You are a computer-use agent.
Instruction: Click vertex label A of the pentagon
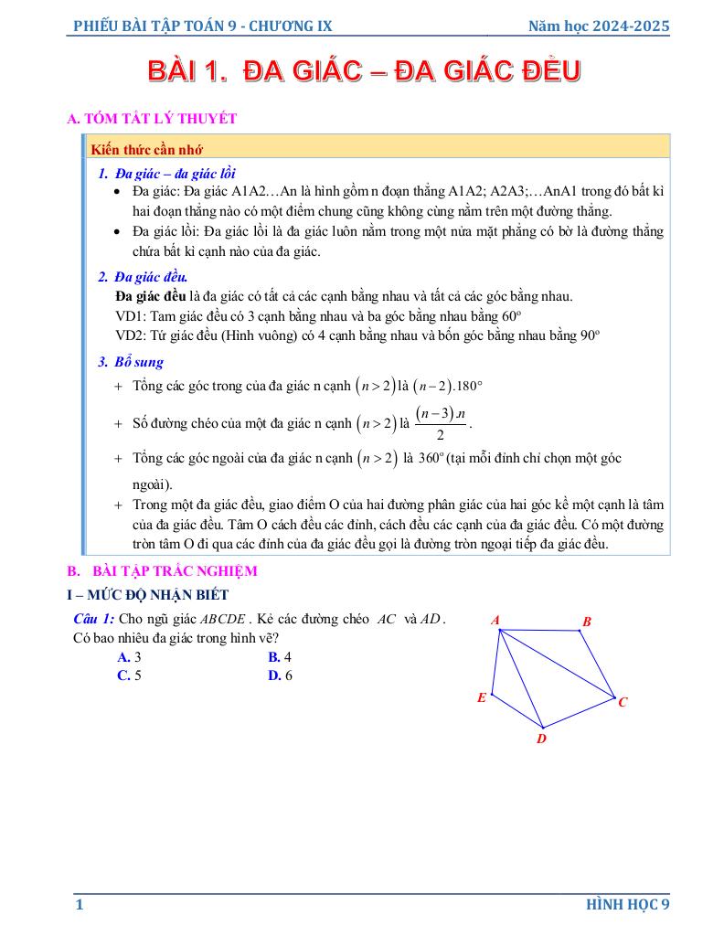[495, 620]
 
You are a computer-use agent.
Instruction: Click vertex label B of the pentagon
[587, 622]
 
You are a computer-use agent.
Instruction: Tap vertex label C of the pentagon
[623, 702]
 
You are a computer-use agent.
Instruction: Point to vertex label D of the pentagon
[541, 739]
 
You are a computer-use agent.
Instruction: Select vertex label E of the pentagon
[482, 698]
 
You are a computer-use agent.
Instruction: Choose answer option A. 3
[129, 656]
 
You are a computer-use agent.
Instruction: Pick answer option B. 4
[279, 656]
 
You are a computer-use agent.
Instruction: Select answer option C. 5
[129, 675]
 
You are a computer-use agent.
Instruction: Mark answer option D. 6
[279, 675]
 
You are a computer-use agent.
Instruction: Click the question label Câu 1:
[94, 619]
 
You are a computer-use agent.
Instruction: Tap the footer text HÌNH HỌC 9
[628, 905]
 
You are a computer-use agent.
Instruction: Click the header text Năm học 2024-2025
[599, 27]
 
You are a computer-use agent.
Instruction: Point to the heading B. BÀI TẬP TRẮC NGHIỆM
[163, 571]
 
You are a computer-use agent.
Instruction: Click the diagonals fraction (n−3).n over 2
[441, 423]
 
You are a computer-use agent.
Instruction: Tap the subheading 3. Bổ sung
[131, 362]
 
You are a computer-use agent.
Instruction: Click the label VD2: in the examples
[132, 335]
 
